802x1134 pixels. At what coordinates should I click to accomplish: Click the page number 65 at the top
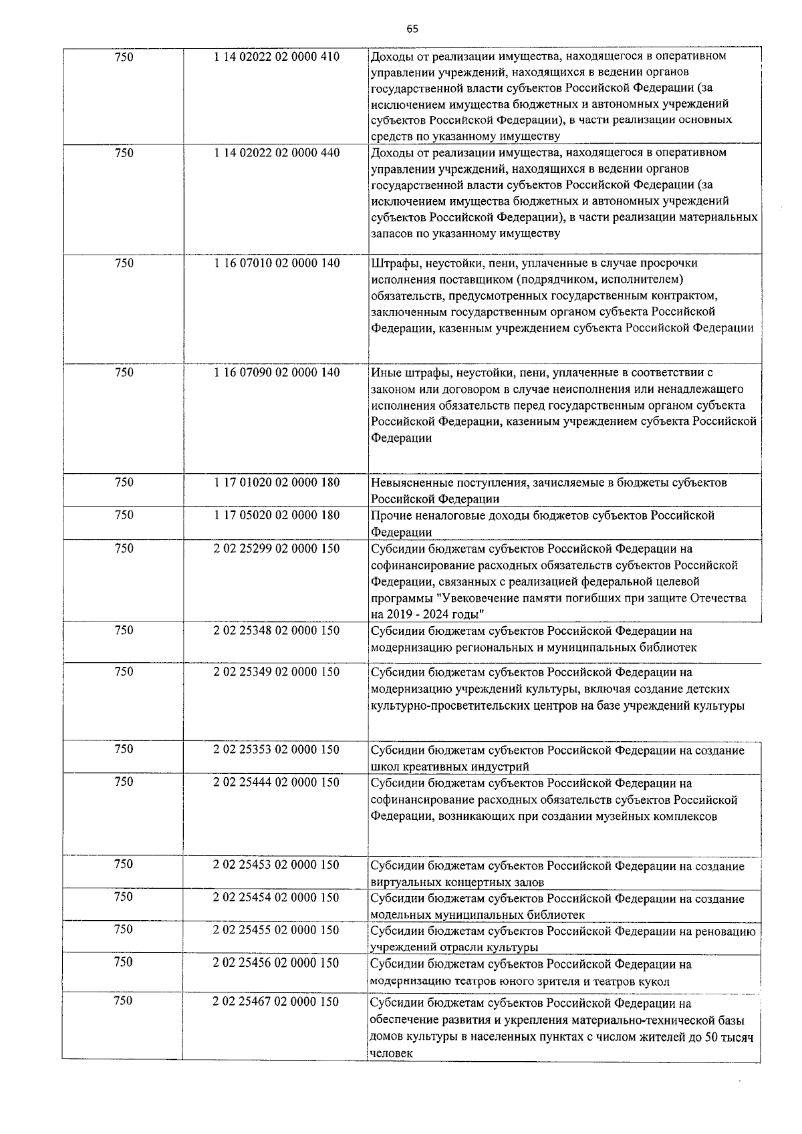pyautogui.click(x=412, y=29)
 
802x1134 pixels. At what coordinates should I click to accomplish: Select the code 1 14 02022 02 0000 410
pyautogui.click(x=277, y=57)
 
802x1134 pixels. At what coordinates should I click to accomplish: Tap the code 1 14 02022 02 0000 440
pyautogui.click(x=277, y=153)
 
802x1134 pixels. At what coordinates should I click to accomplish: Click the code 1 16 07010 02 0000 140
pyautogui.click(x=277, y=263)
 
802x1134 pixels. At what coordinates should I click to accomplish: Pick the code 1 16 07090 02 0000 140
pyautogui.click(x=277, y=373)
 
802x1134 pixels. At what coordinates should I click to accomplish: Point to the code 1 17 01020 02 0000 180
pyautogui.click(x=277, y=482)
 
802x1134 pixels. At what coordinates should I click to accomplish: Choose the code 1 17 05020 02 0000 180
pyautogui.click(x=277, y=515)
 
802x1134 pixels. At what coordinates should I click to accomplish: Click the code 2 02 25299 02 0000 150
pyautogui.click(x=277, y=549)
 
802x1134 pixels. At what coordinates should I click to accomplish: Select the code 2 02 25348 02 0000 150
pyautogui.click(x=277, y=631)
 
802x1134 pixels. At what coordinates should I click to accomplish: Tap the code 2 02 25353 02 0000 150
pyautogui.click(x=277, y=750)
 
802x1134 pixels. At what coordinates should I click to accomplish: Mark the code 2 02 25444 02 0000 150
pyautogui.click(x=277, y=783)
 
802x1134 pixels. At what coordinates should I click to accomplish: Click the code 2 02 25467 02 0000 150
pyautogui.click(x=277, y=1002)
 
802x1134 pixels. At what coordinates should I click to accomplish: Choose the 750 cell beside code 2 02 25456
pyautogui.click(x=124, y=962)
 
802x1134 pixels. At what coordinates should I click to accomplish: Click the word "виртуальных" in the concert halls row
pyautogui.click(x=402, y=882)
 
